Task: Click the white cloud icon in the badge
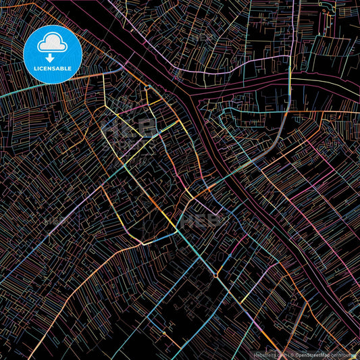53,43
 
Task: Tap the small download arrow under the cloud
53,57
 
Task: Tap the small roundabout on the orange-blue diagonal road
215,276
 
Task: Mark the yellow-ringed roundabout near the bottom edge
163,332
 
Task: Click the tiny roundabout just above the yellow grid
147,88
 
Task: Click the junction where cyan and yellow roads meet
177,231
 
